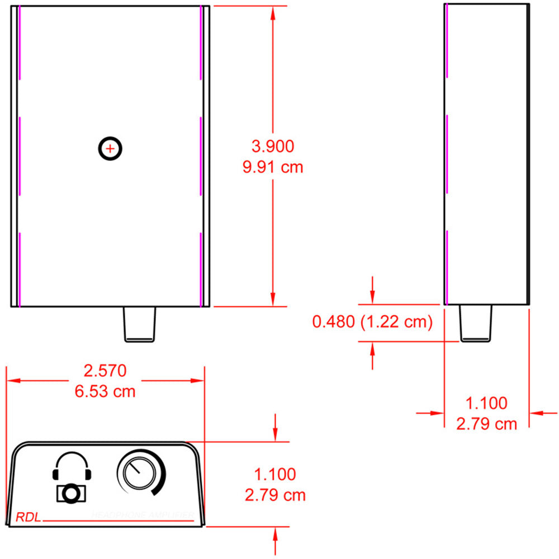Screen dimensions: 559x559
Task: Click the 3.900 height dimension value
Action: tap(273, 146)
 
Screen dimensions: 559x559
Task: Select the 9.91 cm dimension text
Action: tap(273, 167)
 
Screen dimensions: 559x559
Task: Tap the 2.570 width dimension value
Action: tap(105, 371)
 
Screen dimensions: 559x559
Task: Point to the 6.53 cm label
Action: tap(105, 391)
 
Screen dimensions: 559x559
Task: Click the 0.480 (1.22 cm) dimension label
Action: tap(373, 322)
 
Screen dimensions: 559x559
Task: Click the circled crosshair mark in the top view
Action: tap(110, 149)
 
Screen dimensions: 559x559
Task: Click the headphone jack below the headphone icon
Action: tap(71, 494)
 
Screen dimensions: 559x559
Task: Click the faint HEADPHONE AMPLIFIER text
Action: tap(143, 515)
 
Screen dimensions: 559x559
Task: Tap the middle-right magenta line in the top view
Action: tap(200, 156)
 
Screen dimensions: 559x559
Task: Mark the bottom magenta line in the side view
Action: tap(447, 266)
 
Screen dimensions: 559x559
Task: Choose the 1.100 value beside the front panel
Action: tap(275, 475)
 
